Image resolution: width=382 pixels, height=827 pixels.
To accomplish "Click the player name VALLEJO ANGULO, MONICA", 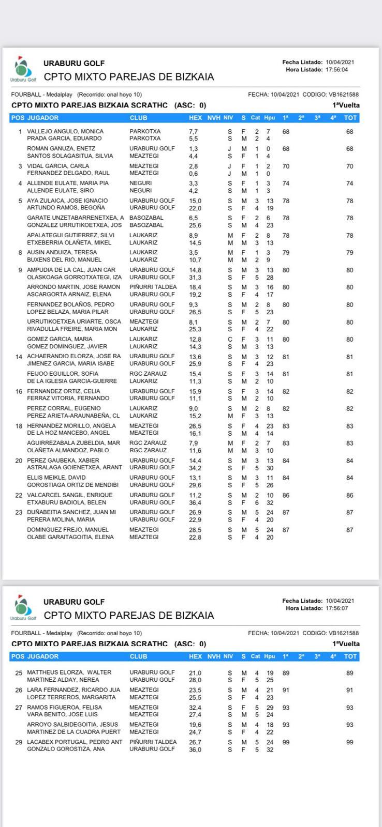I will click(x=65, y=132).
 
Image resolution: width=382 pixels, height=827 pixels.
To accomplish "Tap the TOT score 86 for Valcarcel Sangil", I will click(x=350, y=495).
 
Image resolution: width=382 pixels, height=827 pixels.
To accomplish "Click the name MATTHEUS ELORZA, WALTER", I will click(x=69, y=672).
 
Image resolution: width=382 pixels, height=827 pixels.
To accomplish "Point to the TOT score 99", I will click(x=350, y=742).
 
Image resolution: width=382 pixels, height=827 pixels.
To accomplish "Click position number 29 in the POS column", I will click(x=19, y=742).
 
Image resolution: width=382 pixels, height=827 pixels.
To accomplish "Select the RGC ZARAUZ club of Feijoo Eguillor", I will click(x=148, y=374).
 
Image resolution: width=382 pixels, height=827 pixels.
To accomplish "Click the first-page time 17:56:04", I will click(x=337, y=70).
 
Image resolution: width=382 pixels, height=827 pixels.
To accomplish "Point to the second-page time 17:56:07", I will click(x=337, y=608).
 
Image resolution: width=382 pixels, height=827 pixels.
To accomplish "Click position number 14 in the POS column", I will click(x=19, y=357).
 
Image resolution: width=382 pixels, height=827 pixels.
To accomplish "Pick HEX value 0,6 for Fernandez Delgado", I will click(x=194, y=174).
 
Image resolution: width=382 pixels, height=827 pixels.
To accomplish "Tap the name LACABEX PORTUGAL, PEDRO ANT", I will click(x=75, y=742).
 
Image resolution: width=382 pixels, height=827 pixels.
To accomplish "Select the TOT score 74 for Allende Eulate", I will click(x=350, y=183).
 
